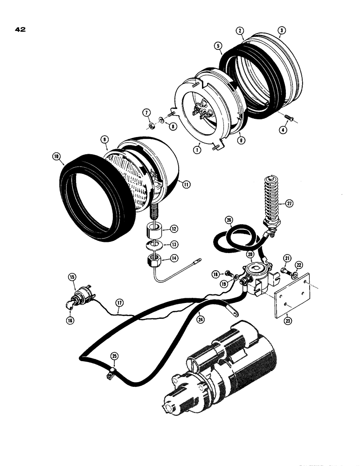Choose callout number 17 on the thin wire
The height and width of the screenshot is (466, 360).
tap(119, 303)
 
